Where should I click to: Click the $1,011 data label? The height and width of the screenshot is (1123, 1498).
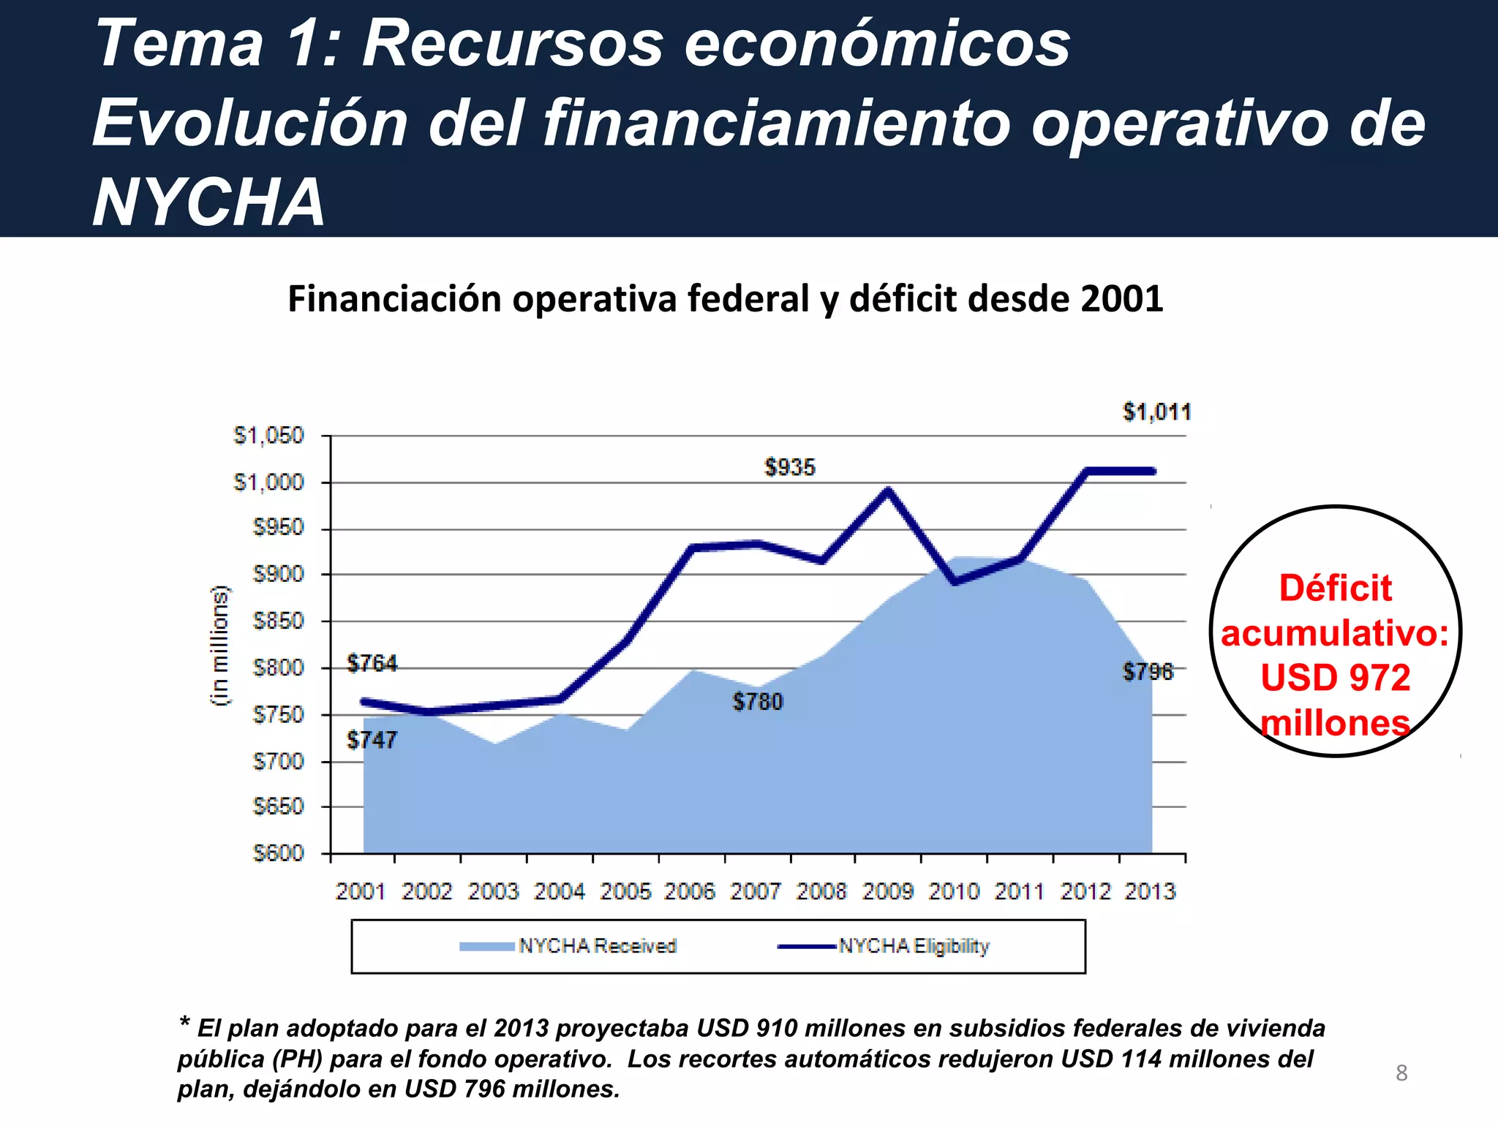tap(1156, 412)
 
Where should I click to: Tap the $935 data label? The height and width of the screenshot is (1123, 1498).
tap(789, 467)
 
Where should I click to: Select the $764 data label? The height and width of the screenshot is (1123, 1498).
tap(372, 663)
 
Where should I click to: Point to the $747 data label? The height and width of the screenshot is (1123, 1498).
tap(372, 740)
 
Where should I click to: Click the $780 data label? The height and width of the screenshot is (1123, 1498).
tap(758, 702)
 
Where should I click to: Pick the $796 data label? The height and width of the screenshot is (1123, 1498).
tap(1148, 671)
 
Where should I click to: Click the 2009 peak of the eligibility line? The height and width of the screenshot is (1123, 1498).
tap(887, 491)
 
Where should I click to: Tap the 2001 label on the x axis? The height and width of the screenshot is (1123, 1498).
tap(361, 891)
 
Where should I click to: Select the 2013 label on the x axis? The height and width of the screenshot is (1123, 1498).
tap(1150, 891)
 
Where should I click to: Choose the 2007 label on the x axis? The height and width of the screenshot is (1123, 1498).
tap(756, 891)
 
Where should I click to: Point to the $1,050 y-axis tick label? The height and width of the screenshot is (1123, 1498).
tap(268, 436)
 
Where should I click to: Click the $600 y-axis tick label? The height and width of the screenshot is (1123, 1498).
tap(278, 853)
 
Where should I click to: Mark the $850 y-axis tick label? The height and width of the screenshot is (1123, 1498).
tap(278, 621)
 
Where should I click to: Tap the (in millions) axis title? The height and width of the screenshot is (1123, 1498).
tap(219, 645)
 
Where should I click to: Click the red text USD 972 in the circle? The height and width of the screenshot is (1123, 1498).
tap(1335, 678)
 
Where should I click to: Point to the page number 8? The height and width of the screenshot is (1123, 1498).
tap(1401, 1073)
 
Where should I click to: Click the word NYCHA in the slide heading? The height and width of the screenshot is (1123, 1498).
tap(209, 203)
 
